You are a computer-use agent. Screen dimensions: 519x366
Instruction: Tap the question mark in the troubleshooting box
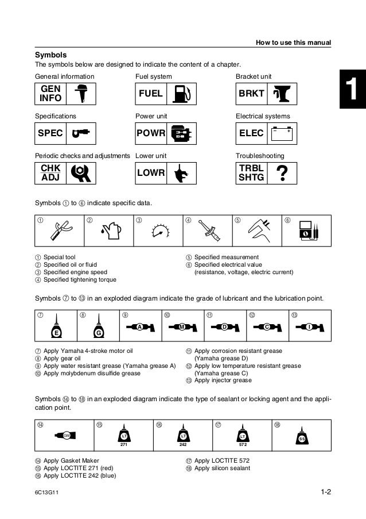click(x=282, y=173)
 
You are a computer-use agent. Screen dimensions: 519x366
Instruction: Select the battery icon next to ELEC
click(x=282, y=133)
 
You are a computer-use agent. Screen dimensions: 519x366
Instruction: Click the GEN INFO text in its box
click(x=50, y=93)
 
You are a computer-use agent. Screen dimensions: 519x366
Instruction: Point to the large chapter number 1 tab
click(x=353, y=92)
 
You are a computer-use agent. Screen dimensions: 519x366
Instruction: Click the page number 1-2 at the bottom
click(x=326, y=492)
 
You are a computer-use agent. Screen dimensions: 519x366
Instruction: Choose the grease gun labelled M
click(x=181, y=327)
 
